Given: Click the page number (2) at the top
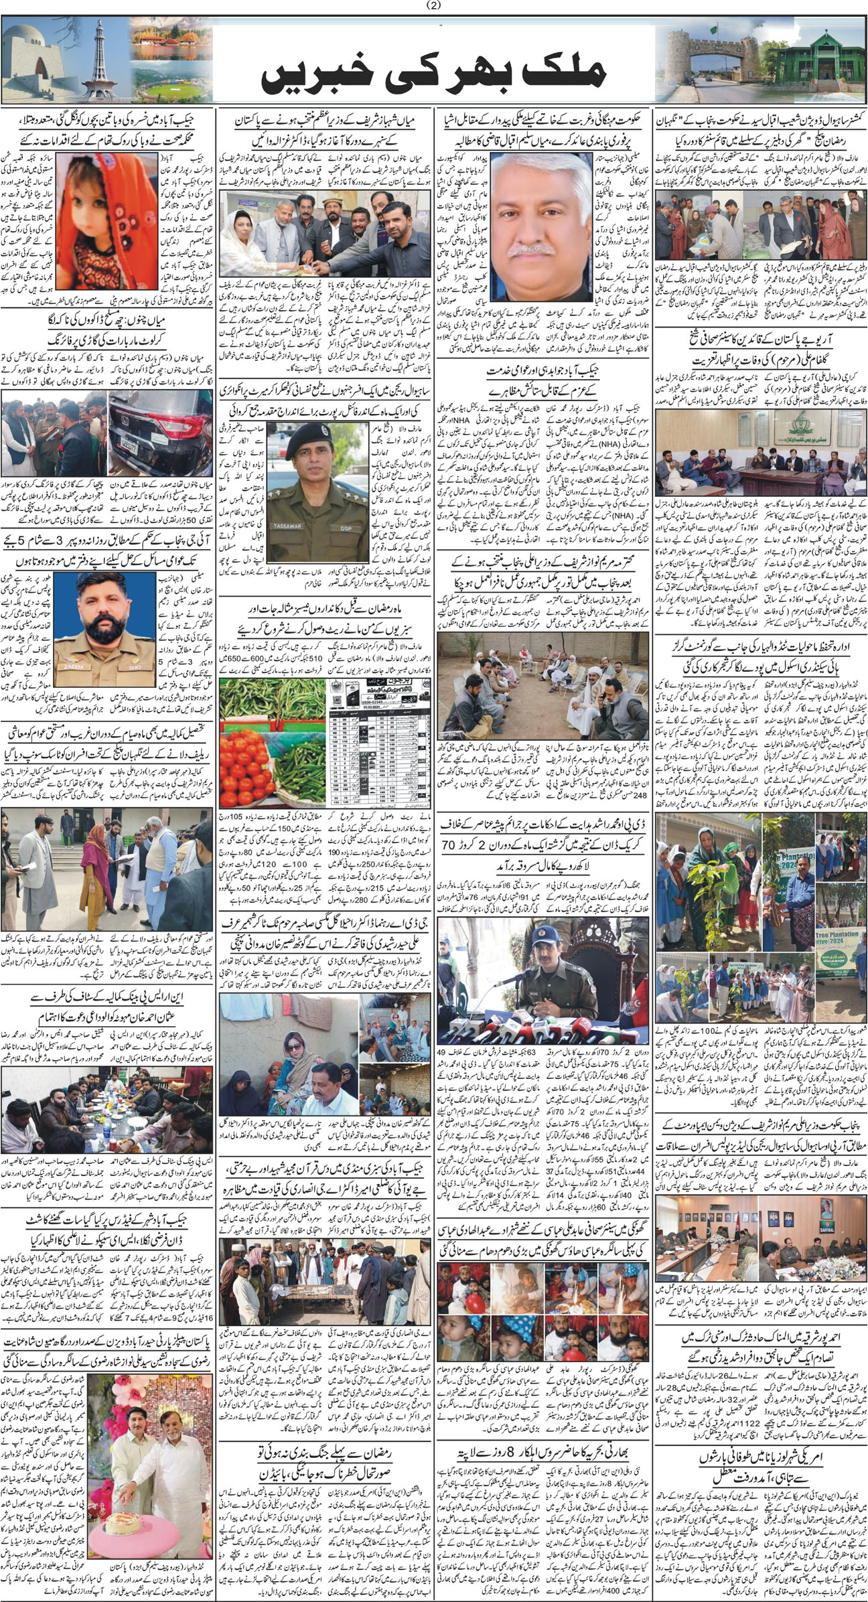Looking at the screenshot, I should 433,6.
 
